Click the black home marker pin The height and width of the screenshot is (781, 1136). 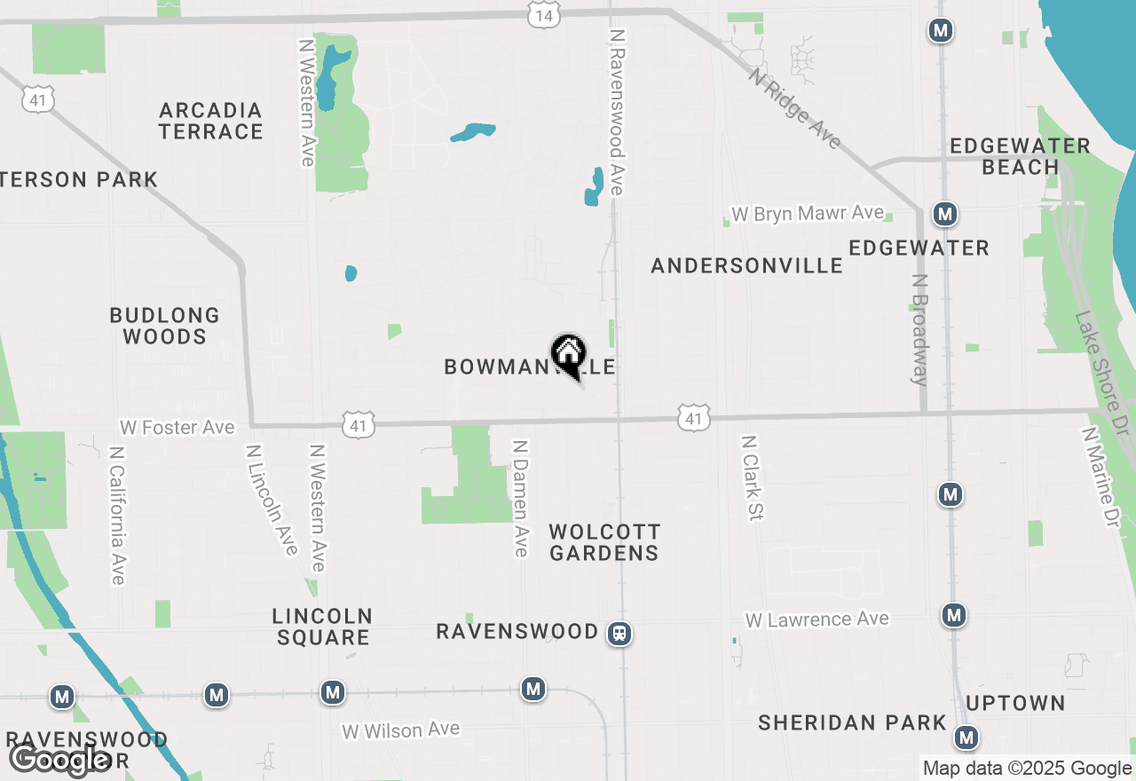point(568,354)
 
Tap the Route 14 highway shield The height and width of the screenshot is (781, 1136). point(543,14)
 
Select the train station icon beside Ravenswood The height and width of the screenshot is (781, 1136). point(619,634)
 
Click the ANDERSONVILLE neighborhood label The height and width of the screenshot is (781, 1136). point(746,265)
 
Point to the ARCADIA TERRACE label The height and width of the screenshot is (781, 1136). point(211,121)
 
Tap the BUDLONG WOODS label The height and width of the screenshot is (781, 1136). point(164,326)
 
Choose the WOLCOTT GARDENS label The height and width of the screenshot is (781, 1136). point(604,542)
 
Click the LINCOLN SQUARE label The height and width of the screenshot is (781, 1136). point(321,627)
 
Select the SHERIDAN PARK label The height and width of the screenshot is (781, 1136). point(852,723)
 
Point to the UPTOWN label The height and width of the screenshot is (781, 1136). point(1015,704)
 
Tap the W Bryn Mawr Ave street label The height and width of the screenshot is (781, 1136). point(807,214)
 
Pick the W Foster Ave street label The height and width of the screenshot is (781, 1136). point(177,428)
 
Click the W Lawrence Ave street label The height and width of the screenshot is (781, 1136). point(816,619)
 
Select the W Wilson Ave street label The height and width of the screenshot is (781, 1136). point(400,730)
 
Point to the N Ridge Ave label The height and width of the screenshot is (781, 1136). point(794,109)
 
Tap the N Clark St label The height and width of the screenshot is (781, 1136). point(753,477)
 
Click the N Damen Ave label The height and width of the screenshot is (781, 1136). point(520,499)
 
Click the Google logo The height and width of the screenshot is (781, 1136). point(59,760)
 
